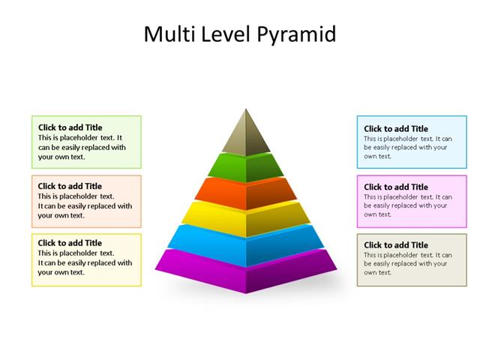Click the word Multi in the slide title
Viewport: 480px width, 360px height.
pyautogui.click(x=168, y=34)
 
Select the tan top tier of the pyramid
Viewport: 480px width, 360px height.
pyautogui.click(x=245, y=135)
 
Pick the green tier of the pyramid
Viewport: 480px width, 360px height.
pyautogui.click(x=245, y=167)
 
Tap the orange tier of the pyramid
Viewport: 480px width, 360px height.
pyautogui.click(x=245, y=193)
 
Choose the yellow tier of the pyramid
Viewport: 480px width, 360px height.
pyautogui.click(x=245, y=217)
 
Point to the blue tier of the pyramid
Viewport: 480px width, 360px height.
pyautogui.click(x=245, y=244)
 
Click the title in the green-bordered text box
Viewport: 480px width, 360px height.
pyautogui.click(x=70, y=127)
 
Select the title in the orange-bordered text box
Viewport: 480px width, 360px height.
pyautogui.click(x=70, y=186)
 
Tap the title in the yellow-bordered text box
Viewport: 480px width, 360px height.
pyautogui.click(x=70, y=243)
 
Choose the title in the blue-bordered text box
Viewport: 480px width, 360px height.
pyautogui.click(x=396, y=129)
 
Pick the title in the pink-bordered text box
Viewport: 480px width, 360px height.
pyautogui.click(x=396, y=187)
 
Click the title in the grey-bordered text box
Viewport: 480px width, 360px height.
pyautogui.click(x=396, y=244)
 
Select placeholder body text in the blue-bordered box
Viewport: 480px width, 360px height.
pyautogui.click(x=406, y=148)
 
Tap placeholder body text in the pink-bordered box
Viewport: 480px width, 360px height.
pyautogui.click(x=406, y=205)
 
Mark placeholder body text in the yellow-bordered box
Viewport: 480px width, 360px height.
pyautogui.click(x=84, y=263)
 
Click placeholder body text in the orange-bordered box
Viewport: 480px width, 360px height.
pyautogui.click(x=84, y=206)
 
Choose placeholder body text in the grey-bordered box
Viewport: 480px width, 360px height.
pyautogui.click(x=406, y=263)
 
